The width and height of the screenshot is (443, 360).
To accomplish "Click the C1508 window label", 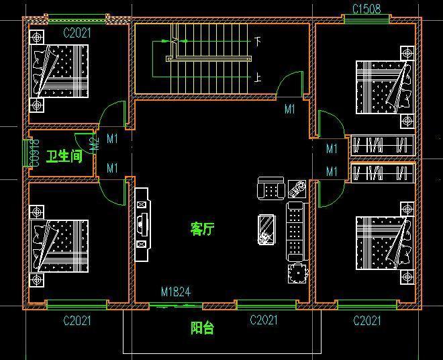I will [366, 9].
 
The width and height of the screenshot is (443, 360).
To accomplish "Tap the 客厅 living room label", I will [202, 229].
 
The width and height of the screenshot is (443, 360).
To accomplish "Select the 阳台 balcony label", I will [202, 328].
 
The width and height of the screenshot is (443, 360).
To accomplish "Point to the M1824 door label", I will [176, 292].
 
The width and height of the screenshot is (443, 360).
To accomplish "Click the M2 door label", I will [95, 142].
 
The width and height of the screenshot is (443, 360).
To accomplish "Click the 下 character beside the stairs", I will [258, 41].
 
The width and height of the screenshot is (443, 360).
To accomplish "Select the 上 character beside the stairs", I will [258, 77].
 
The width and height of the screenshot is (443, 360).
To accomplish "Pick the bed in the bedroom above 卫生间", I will [59, 72].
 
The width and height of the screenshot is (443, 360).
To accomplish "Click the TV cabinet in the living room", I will [142, 224].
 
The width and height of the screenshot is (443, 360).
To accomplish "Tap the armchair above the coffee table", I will [270, 189].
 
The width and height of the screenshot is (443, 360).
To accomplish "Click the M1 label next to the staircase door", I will [290, 108].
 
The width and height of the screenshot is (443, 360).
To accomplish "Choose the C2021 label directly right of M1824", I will [264, 320].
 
